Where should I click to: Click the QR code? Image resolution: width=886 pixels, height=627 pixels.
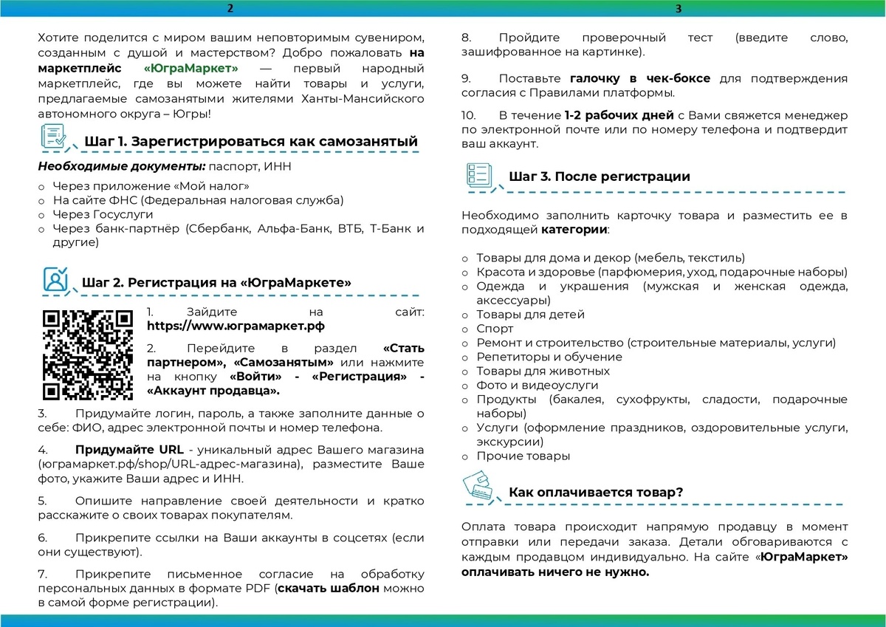pos(88,355)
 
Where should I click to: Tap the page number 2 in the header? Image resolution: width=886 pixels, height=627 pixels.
pos(230,9)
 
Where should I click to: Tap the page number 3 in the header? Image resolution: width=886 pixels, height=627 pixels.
pos(678,9)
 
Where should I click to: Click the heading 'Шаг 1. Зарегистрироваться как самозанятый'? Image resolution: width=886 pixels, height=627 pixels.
pos(251,142)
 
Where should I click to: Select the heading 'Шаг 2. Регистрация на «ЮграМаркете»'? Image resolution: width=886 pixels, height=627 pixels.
pos(216,282)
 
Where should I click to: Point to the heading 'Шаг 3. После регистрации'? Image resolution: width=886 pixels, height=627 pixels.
pos(600,177)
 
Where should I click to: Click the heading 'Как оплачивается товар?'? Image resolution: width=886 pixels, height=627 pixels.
pos(595,492)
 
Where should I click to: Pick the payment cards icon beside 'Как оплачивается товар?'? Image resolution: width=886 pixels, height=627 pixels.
pos(478,488)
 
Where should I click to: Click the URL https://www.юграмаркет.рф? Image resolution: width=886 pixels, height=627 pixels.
pos(236,325)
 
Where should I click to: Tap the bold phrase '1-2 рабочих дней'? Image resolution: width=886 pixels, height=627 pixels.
pos(619,116)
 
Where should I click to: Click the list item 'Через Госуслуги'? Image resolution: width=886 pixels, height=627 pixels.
pos(103,214)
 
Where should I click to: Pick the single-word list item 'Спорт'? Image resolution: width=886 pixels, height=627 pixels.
pos(495,329)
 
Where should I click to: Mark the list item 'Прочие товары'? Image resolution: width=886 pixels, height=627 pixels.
pos(523,456)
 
